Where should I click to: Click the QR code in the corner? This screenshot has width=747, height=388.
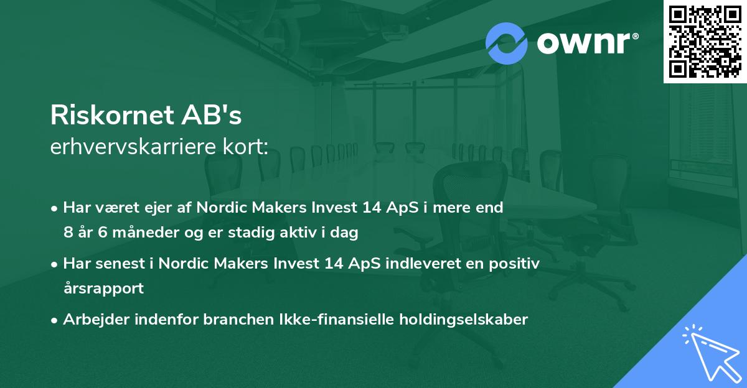[705, 41]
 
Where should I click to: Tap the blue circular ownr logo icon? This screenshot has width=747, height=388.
[506, 44]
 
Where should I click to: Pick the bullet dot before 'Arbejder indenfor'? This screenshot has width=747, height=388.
[55, 320]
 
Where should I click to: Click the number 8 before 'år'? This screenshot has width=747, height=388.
[68, 233]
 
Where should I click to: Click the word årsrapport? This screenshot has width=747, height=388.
[103, 288]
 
